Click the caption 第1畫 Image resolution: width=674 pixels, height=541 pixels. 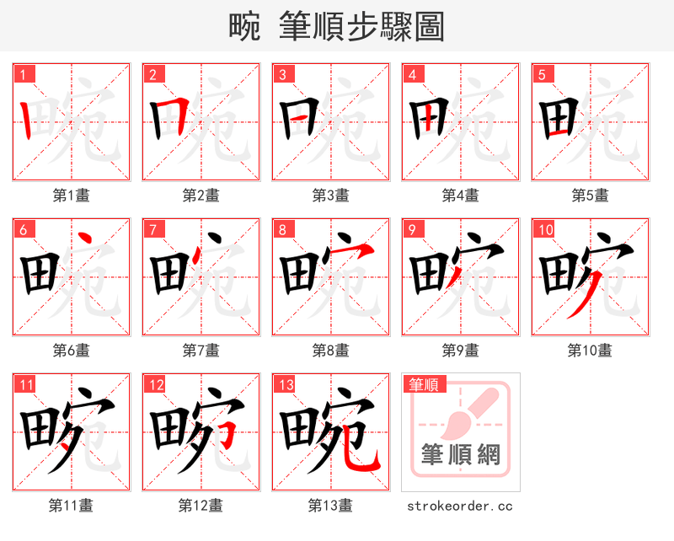tap(72, 196)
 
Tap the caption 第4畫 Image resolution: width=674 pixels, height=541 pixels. tap(461, 196)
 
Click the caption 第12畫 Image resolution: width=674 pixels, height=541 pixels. tap(201, 506)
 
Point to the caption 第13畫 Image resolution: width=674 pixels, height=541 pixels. tap(331, 506)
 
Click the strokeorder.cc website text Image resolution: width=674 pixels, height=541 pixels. tap(460, 506)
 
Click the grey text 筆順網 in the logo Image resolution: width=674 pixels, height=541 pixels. tap(461, 455)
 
